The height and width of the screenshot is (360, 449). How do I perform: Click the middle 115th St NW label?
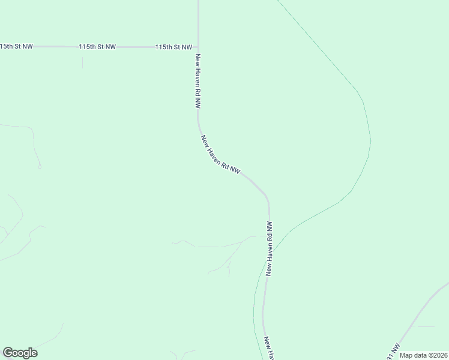(x=97, y=46)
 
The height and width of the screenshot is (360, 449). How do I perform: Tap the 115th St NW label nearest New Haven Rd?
(x=173, y=46)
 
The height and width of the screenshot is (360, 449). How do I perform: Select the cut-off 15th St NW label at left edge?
(x=16, y=46)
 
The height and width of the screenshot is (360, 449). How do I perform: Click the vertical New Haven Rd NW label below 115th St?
(x=197, y=80)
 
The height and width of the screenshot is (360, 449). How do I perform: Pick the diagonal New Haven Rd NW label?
(x=220, y=155)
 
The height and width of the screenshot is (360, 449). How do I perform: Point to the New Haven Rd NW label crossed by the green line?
(x=270, y=248)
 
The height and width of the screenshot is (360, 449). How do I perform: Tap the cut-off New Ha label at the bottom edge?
(x=269, y=348)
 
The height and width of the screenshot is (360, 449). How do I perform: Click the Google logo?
(x=20, y=353)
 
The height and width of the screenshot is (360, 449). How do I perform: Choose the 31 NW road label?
(x=393, y=352)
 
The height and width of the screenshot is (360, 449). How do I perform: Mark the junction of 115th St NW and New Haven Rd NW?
(x=198, y=46)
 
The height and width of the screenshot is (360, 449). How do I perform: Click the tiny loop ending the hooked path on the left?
(x=39, y=166)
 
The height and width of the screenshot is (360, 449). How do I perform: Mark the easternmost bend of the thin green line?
(x=370, y=141)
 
